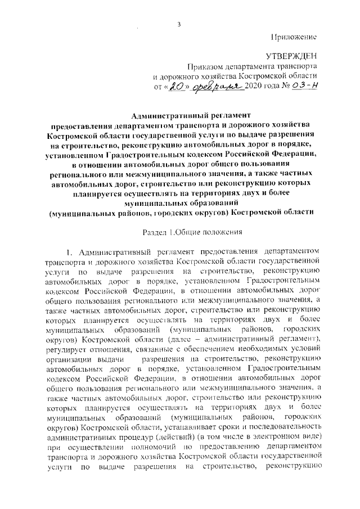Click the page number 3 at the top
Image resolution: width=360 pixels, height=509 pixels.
tap(179, 24)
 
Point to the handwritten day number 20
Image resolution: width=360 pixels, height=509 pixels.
tap(177, 87)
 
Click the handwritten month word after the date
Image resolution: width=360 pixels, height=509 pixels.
tap(213, 87)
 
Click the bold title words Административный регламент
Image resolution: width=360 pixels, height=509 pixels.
tap(181, 114)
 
